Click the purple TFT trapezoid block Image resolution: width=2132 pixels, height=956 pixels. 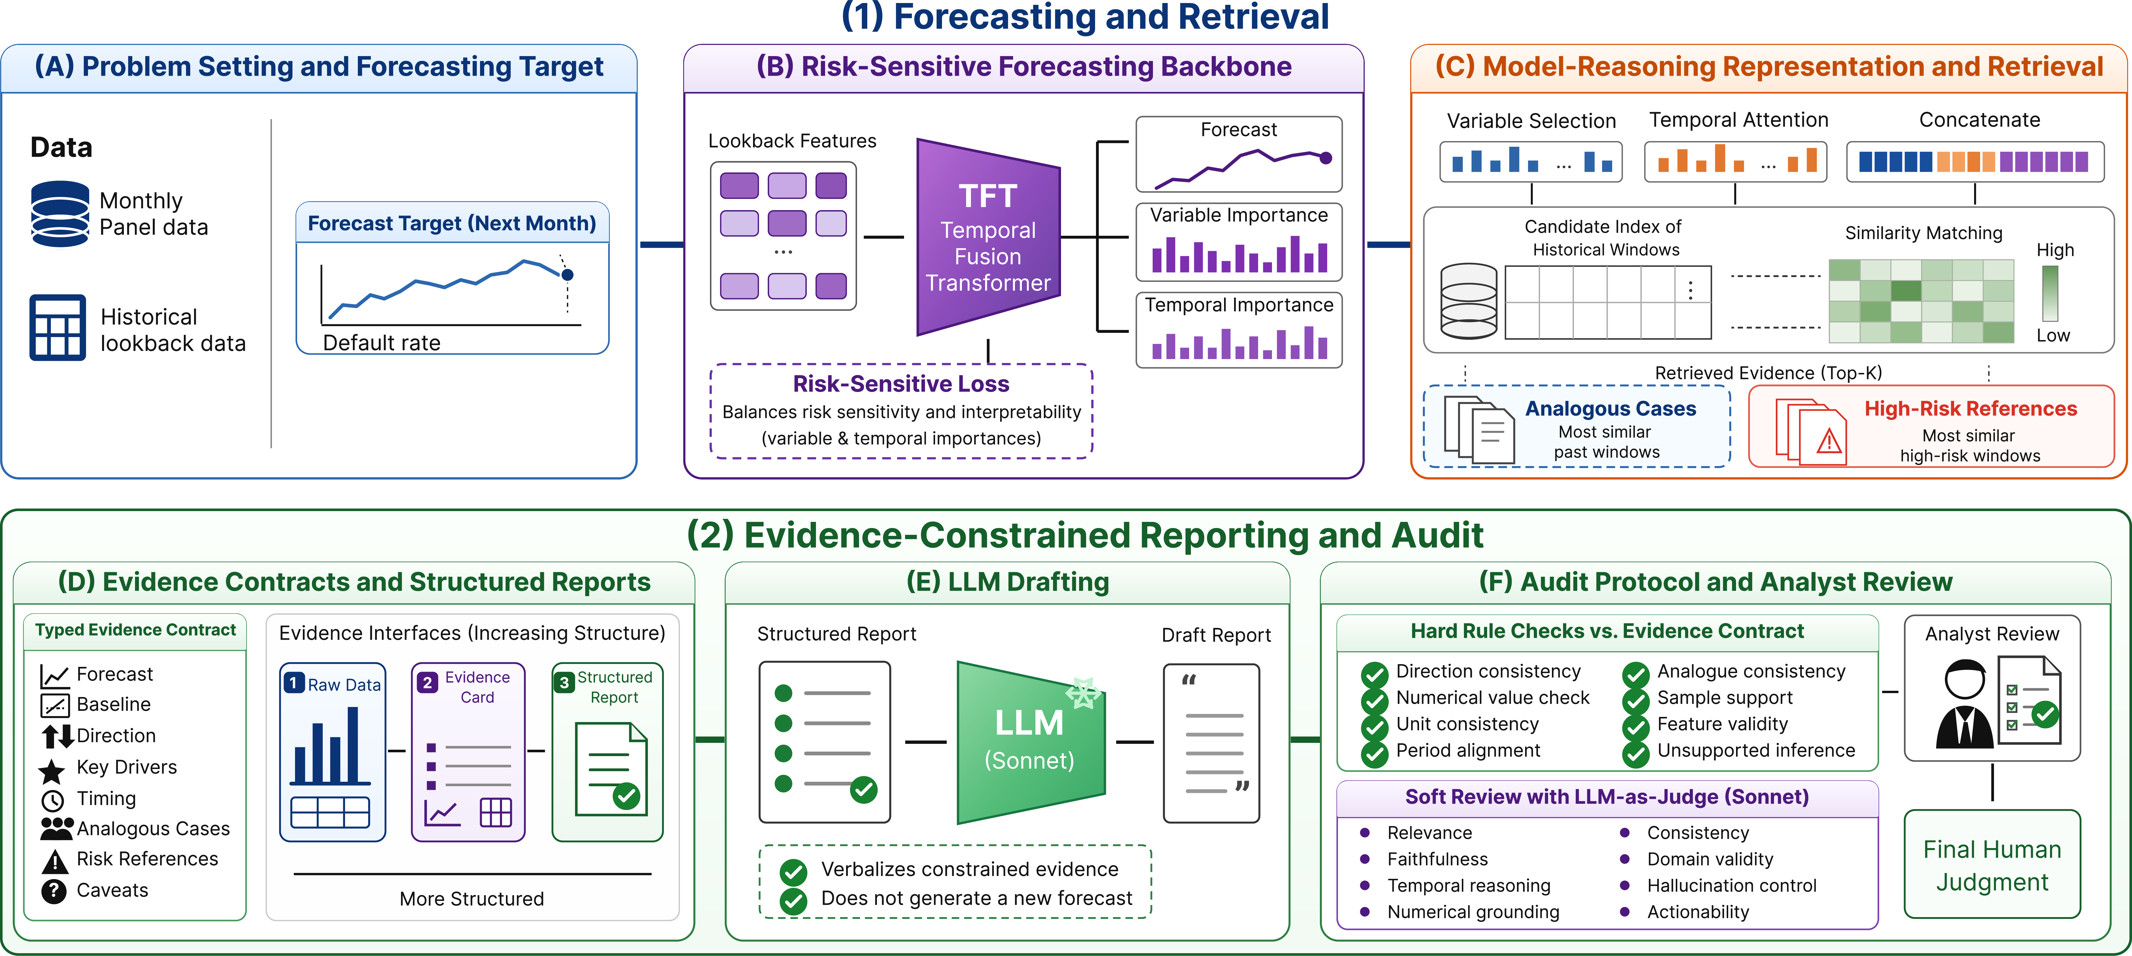[x=988, y=238]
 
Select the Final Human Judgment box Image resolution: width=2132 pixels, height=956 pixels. [x=1992, y=865]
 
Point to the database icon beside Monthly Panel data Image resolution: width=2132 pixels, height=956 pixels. [x=60, y=214]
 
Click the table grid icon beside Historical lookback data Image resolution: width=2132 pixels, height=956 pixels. [x=57, y=328]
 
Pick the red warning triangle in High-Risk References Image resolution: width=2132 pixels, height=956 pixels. [x=1828, y=442]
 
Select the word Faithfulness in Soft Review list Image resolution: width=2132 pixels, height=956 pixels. [x=1438, y=859]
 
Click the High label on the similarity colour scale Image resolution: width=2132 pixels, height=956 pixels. [x=2055, y=250]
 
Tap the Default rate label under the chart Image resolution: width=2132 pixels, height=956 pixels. [x=381, y=343]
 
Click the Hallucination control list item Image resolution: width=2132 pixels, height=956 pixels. [x=1732, y=886]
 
